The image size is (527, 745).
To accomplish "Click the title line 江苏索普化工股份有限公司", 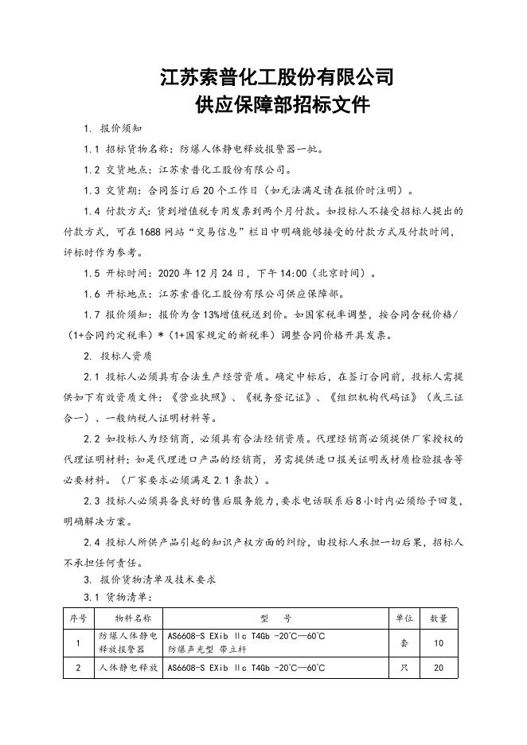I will click(x=277, y=77).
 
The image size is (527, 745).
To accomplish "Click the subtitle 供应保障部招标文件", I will click(x=277, y=105).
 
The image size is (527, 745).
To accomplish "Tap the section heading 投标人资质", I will click(x=126, y=356).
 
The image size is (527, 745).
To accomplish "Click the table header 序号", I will click(x=78, y=618).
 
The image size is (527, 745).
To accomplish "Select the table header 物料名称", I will click(x=127, y=618).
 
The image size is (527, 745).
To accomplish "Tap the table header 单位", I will click(x=404, y=618).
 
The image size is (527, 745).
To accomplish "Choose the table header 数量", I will click(x=439, y=618).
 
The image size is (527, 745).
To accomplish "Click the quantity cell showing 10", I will click(x=439, y=642).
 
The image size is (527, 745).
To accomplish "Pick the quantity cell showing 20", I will click(x=439, y=668).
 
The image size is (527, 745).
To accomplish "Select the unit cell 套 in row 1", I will click(x=404, y=642).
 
